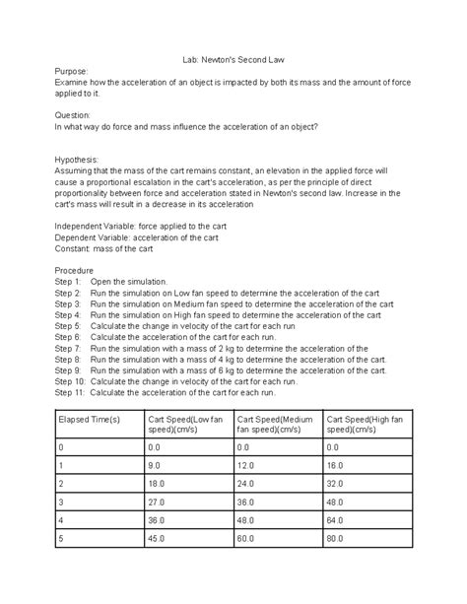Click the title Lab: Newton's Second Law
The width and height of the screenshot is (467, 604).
tap(233, 60)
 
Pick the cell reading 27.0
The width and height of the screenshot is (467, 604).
tap(157, 502)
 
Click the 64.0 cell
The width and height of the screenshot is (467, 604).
tap(337, 520)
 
